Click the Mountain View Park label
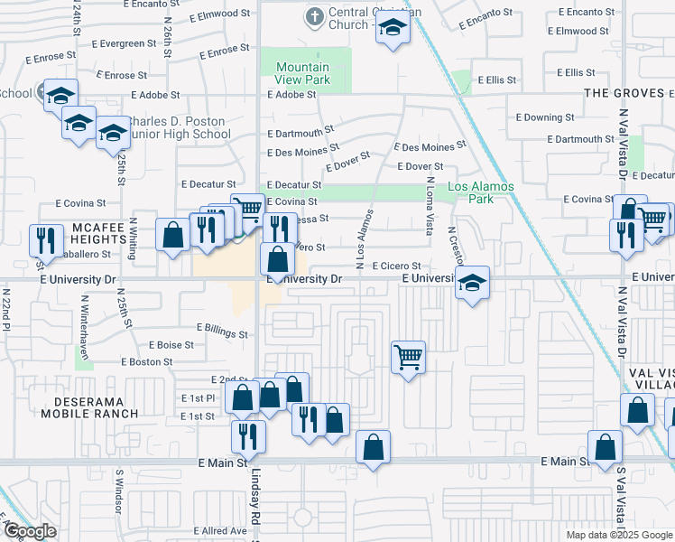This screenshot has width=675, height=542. [302, 73]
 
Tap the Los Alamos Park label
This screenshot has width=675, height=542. [481, 192]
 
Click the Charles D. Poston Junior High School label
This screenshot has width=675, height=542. [179, 127]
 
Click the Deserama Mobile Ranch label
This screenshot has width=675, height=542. [88, 406]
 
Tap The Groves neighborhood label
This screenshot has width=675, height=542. [624, 93]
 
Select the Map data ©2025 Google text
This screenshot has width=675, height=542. [619, 535]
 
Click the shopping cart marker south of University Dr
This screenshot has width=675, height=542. [408, 358]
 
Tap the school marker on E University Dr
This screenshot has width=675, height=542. [472, 283]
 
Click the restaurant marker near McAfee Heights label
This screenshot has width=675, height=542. [43, 241]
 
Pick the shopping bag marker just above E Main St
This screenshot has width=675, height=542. [373, 447]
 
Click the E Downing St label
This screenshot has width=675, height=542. [545, 117]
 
